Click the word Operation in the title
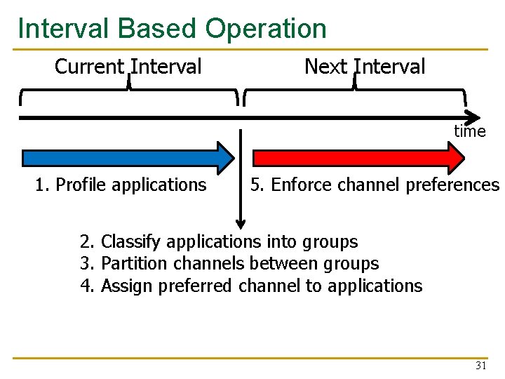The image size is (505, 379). (266, 29)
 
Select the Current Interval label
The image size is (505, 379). (128, 67)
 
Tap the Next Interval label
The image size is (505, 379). (365, 67)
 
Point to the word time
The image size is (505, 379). (469, 131)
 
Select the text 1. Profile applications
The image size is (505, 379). (121, 185)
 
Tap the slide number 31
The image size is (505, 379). (480, 366)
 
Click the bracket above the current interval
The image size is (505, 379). (129, 91)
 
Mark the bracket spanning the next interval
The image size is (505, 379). (355, 91)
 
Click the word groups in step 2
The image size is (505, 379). (330, 242)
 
